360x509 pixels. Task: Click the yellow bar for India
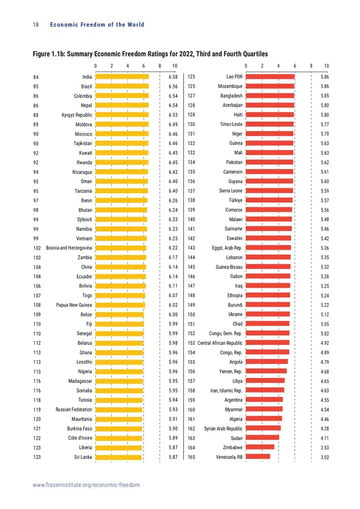(122, 77)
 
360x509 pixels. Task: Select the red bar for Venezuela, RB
(258, 457)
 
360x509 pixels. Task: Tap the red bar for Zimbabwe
(260, 447)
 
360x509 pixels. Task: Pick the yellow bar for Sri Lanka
(118, 457)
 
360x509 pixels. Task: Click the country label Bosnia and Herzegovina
(69, 248)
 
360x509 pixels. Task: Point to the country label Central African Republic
(220, 343)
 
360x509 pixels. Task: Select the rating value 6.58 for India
(174, 77)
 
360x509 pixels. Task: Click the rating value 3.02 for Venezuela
(324, 457)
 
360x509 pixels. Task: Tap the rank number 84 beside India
(36, 77)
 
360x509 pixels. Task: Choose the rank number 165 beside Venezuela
(191, 457)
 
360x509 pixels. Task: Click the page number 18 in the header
(36, 25)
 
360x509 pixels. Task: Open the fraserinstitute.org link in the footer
(87, 485)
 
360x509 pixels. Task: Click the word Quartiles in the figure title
(255, 54)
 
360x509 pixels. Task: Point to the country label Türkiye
(235, 200)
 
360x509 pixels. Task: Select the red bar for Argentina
(264, 400)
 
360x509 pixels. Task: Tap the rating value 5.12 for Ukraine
(324, 314)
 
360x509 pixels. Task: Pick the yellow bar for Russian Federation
(119, 410)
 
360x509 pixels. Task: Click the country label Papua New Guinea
(74, 305)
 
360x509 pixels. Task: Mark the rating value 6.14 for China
(174, 267)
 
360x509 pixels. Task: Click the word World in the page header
(135, 25)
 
